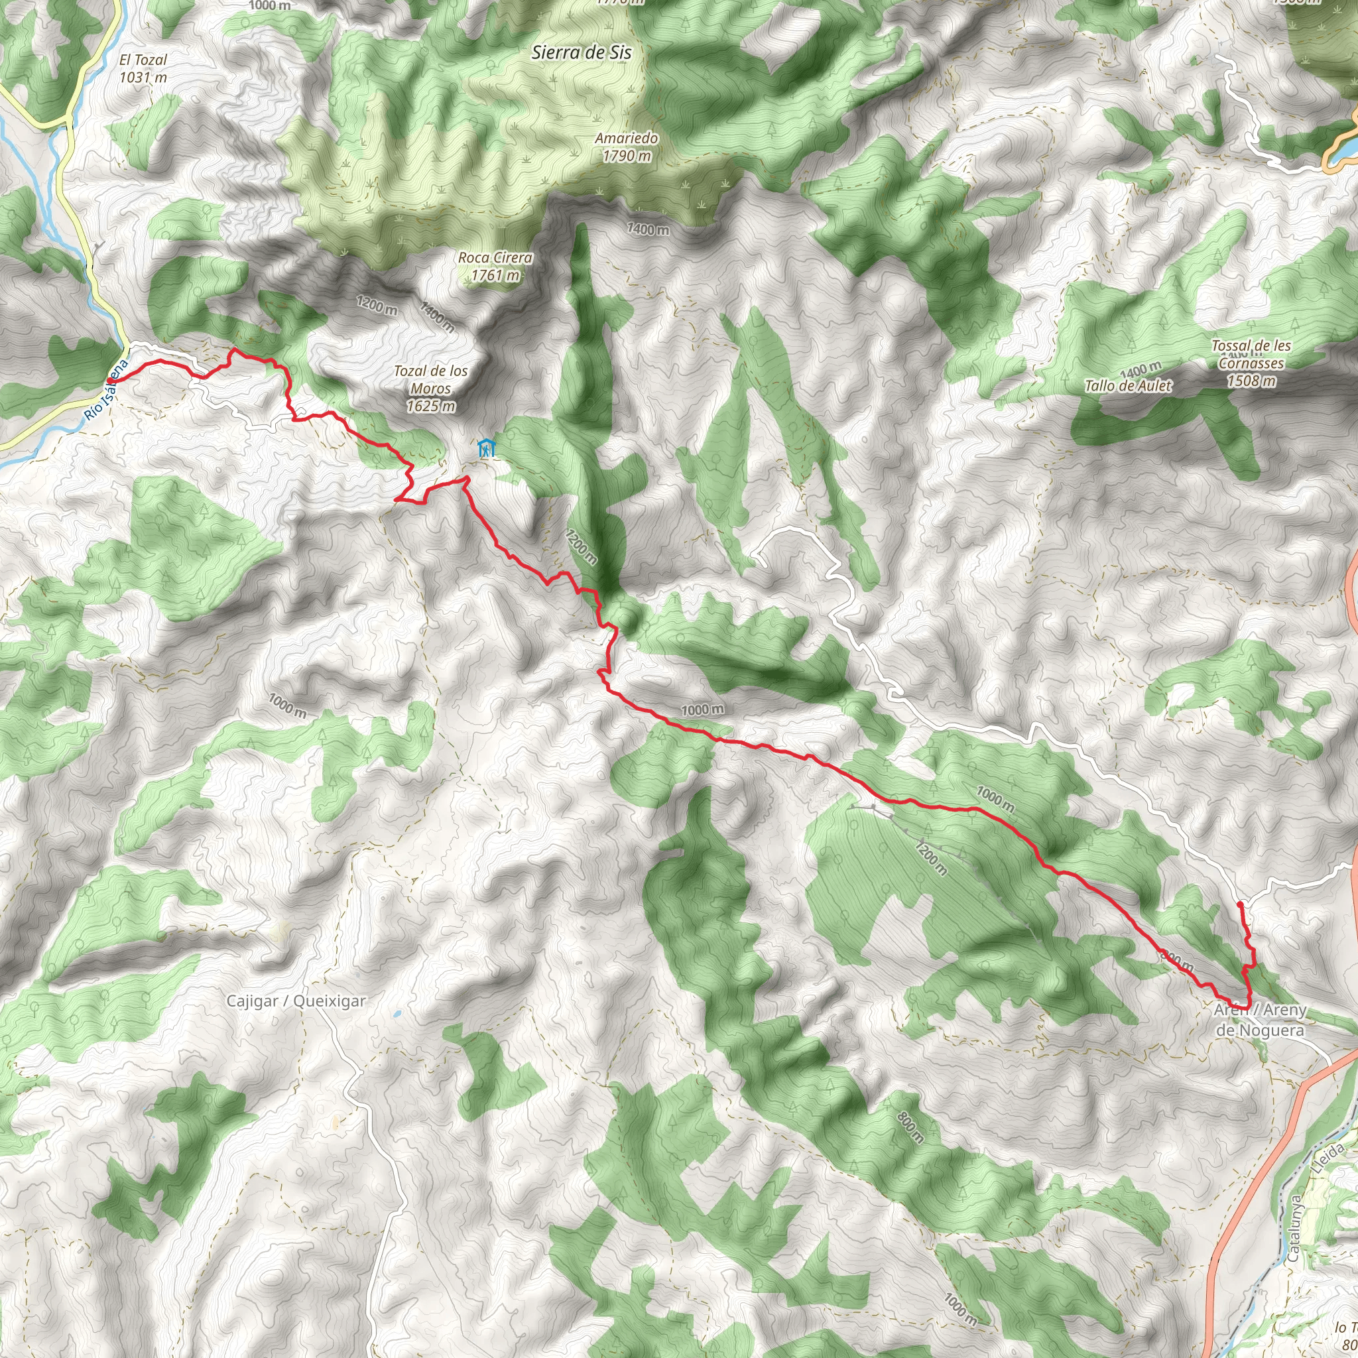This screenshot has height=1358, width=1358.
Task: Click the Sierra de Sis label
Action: tap(582, 52)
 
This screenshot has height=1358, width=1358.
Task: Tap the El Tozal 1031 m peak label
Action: tap(143, 69)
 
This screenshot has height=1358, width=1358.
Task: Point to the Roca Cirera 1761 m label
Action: tap(495, 267)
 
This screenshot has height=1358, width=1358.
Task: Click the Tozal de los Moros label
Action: tap(430, 388)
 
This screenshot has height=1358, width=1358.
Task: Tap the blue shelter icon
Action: tap(485, 448)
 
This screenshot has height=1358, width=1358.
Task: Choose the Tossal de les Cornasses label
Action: tap(1251, 363)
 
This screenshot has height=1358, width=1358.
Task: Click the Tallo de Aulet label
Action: tap(1128, 385)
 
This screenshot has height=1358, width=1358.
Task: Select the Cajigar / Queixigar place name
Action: tap(296, 1001)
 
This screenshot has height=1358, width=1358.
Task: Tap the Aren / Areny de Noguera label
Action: tap(1261, 1020)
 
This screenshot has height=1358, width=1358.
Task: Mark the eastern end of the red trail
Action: tap(1239, 903)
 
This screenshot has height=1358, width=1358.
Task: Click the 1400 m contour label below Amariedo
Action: tap(647, 229)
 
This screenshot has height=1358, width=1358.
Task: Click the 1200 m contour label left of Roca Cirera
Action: tap(376, 305)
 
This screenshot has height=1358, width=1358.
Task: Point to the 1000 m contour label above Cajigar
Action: tap(286, 705)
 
